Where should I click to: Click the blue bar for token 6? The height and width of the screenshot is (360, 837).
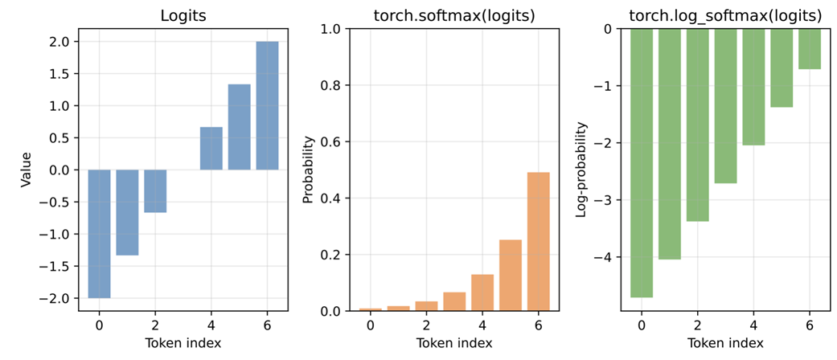pos(267,105)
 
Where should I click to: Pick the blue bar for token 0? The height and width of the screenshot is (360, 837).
pos(99,234)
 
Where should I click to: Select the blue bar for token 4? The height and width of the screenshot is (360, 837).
pos(211,149)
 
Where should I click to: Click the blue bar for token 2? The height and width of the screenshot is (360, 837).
pos(155,191)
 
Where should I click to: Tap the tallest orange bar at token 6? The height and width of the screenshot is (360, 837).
pos(538,241)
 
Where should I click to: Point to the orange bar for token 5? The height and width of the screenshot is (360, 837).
pos(510,275)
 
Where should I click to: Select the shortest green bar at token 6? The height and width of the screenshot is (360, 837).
pos(810,49)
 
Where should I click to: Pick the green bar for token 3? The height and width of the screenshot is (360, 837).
pos(725,106)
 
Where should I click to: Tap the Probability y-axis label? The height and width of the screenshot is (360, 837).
pos(307,170)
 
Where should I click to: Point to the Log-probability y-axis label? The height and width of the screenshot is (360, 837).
pos(581,170)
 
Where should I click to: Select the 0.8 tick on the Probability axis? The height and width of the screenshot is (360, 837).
pos(336,85)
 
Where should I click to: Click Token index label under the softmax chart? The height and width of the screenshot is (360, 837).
pos(454,343)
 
